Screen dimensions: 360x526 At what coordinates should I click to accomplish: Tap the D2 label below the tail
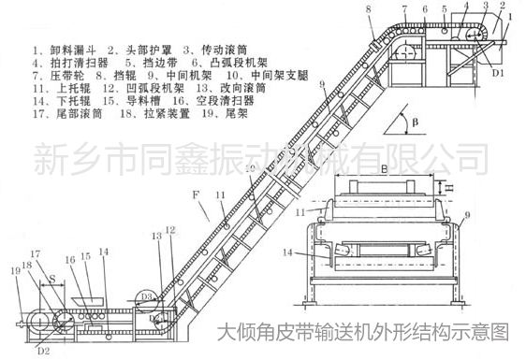[x=43, y=352]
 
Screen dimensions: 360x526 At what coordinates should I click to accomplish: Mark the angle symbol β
[x=420, y=120]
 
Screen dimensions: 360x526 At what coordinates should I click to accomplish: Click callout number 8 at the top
[x=369, y=8]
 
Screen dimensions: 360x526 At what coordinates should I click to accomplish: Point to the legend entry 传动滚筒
[x=225, y=45]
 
